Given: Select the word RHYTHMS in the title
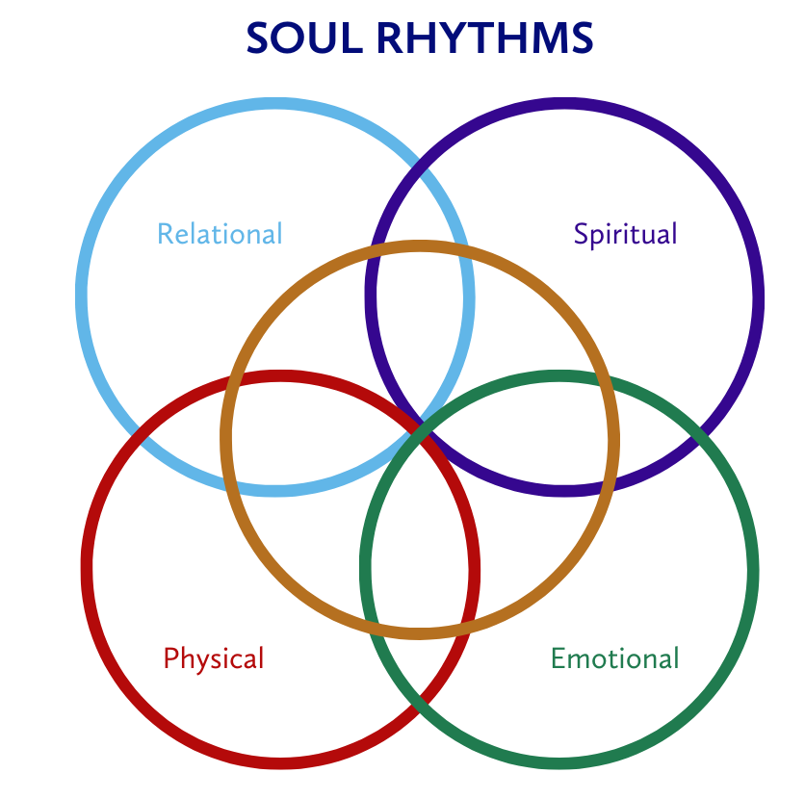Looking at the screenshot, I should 484,39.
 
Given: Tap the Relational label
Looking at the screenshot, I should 220,234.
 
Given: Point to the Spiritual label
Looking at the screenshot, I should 625,234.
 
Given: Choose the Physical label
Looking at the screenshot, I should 213,658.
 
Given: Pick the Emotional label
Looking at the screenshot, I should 614,658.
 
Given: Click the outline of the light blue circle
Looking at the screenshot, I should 82,298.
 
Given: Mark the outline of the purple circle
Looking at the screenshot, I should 758,298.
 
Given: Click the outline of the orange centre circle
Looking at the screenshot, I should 420,246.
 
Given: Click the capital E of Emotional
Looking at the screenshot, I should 558,658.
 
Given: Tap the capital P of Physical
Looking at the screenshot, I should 170,658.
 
